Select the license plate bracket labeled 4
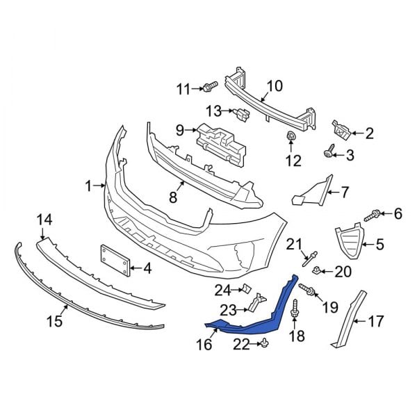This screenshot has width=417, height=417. coord(115,263)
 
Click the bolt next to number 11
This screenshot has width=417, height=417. coord(208,88)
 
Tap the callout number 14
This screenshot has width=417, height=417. coord(44,220)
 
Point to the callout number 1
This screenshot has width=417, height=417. coord(88,186)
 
